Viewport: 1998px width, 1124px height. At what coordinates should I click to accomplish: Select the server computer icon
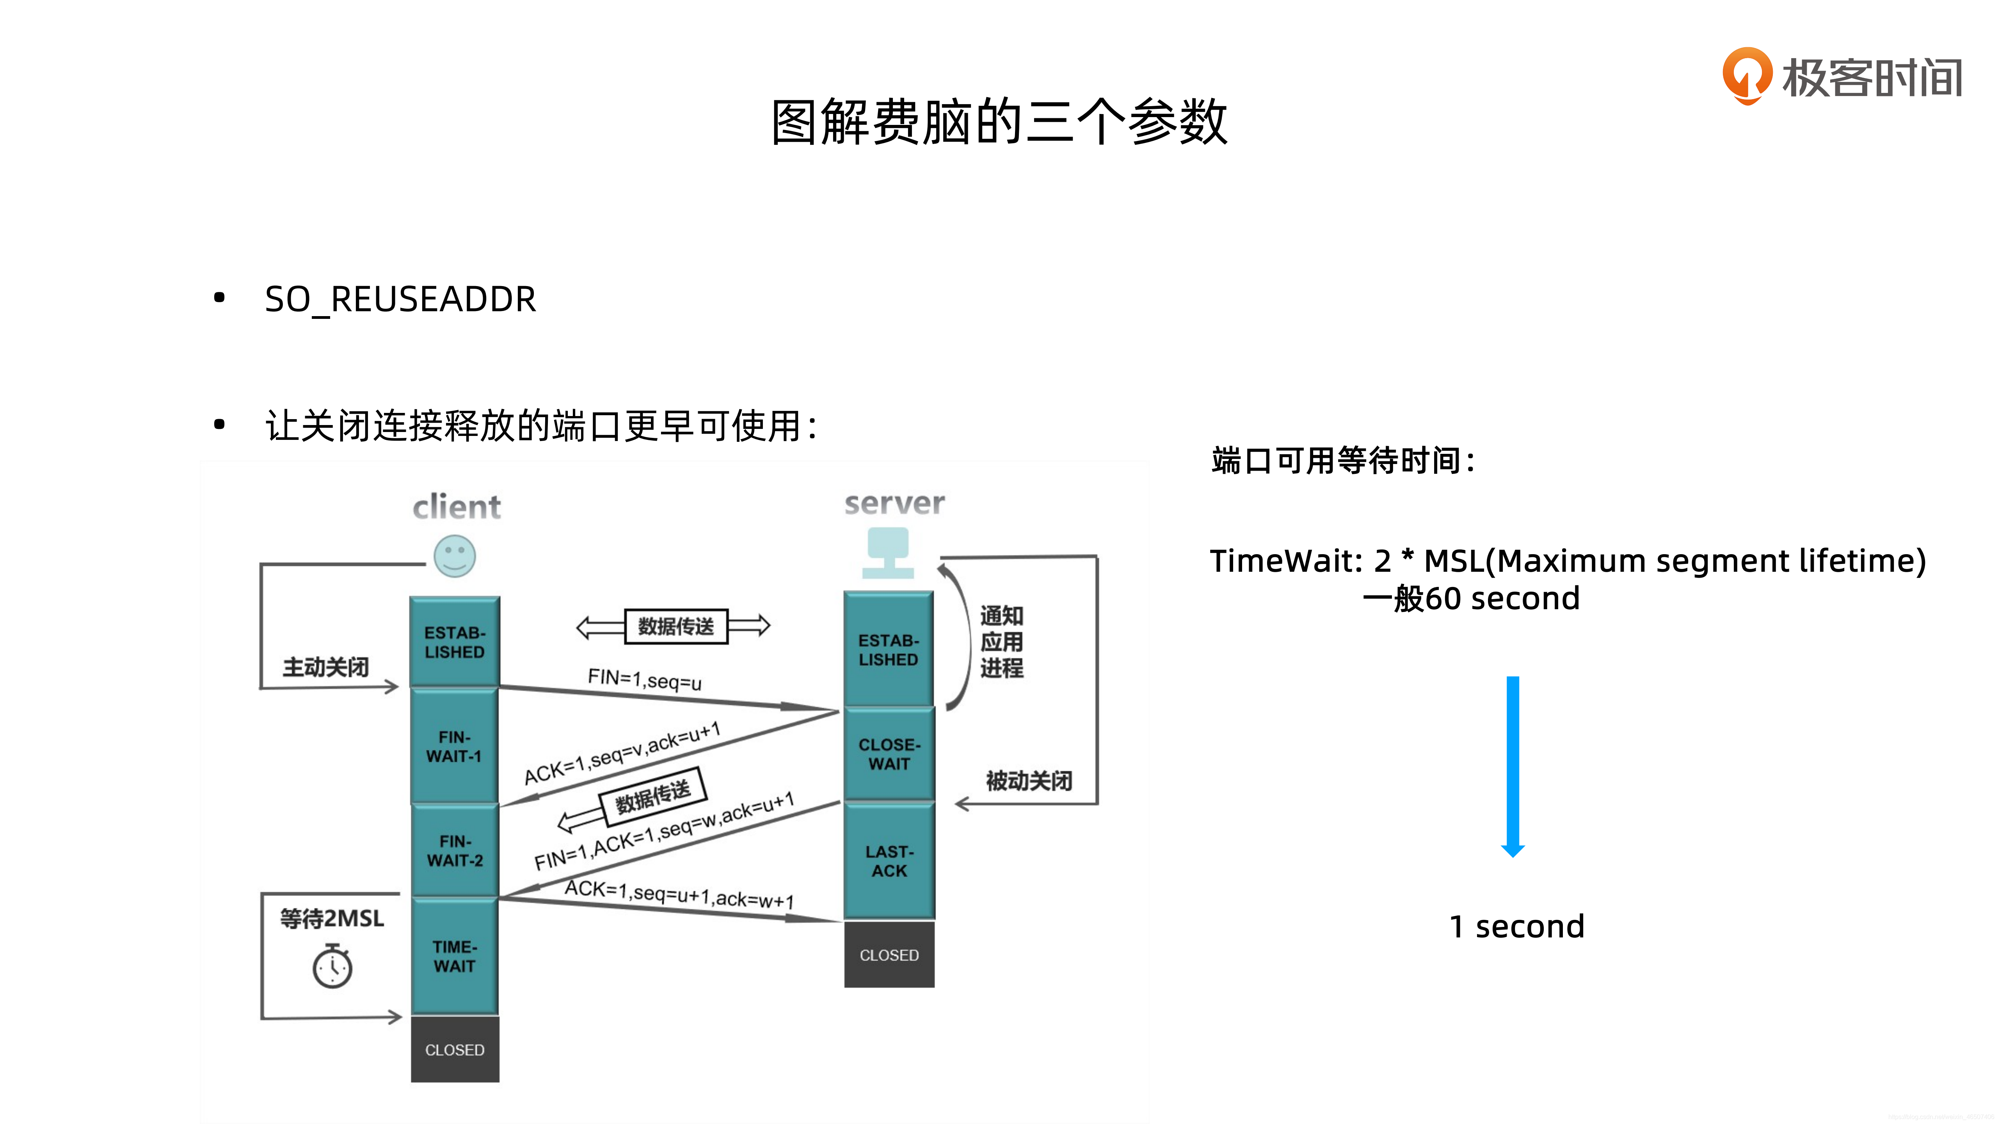(x=888, y=552)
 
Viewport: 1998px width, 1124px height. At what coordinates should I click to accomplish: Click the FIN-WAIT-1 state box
(x=455, y=746)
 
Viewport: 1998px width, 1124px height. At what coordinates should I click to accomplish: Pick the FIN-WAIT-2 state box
(x=455, y=851)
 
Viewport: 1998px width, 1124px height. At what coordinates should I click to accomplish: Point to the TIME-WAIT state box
(x=455, y=957)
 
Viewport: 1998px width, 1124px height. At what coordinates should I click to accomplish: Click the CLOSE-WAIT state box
(x=889, y=754)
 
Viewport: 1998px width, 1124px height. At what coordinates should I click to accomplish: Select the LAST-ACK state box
(x=889, y=861)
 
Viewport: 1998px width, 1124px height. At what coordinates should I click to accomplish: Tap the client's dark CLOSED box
(x=455, y=1049)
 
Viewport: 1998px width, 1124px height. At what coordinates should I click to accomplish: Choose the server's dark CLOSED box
(x=889, y=955)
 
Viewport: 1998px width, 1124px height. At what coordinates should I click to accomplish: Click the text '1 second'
(x=1516, y=926)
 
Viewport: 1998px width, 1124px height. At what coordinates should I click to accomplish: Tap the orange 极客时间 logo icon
(x=1747, y=75)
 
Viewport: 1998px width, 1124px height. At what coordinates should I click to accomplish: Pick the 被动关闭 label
(x=1029, y=781)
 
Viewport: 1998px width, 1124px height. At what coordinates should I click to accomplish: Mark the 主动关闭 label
(x=325, y=666)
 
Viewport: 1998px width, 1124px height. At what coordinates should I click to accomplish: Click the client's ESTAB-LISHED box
(x=455, y=642)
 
